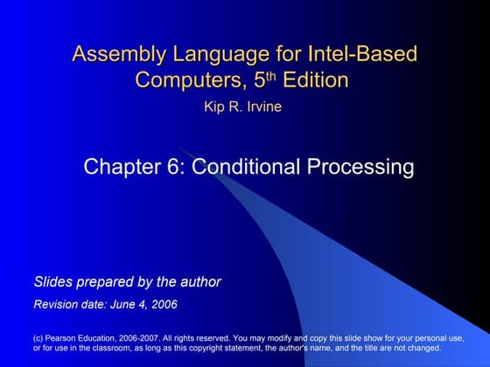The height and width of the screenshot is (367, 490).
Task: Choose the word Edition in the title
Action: (314, 80)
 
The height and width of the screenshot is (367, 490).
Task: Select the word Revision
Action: (58, 304)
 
